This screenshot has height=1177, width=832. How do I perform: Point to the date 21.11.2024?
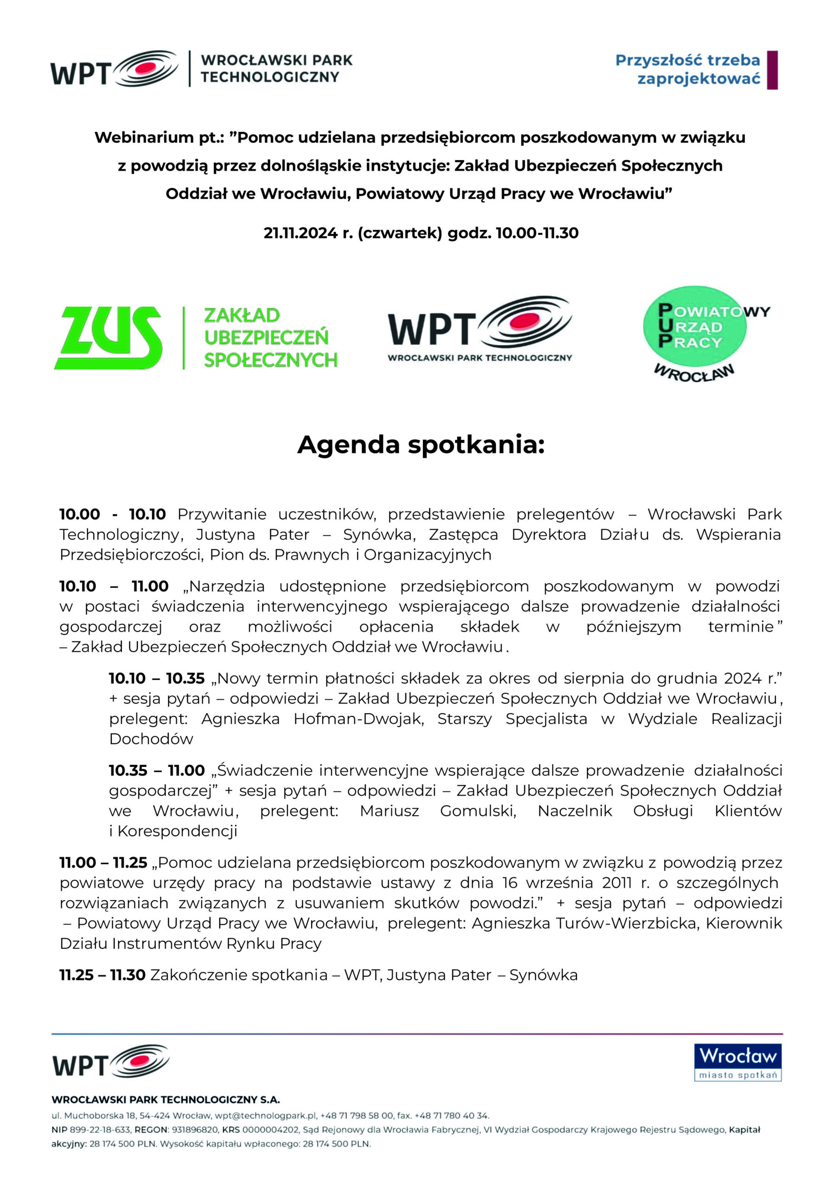(301, 233)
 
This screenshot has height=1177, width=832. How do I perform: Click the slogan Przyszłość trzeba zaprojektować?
(688, 69)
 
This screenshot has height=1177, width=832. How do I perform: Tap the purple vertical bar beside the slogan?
(772, 70)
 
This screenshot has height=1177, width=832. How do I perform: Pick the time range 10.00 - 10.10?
(112, 514)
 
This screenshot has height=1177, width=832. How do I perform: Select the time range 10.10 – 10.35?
(156, 678)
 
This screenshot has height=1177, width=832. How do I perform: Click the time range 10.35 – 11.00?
(156, 770)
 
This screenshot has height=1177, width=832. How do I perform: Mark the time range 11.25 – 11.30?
(102, 975)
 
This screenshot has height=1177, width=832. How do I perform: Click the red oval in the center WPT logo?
(524, 321)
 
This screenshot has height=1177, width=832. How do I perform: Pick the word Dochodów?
(151, 739)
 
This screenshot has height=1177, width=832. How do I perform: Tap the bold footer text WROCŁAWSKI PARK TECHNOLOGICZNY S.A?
(165, 1100)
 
